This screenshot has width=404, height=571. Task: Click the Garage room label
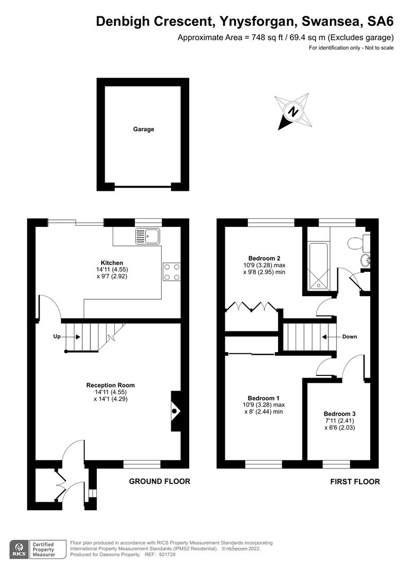point(143,129)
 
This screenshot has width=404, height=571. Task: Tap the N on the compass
point(292,112)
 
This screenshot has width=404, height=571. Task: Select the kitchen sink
point(148,236)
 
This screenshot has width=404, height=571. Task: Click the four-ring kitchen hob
point(171,272)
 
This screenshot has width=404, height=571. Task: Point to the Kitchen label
point(112,263)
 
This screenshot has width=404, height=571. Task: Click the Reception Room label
point(111,385)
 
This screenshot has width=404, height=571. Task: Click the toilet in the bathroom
point(357,242)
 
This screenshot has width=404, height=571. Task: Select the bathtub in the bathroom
point(318,266)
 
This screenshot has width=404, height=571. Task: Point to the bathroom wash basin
point(364,260)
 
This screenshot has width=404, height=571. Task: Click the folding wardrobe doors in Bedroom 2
point(251,306)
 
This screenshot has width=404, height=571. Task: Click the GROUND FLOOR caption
point(160,482)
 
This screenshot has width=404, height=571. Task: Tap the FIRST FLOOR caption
point(355,482)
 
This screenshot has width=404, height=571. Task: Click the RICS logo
point(20,548)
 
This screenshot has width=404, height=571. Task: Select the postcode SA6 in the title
point(380,21)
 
